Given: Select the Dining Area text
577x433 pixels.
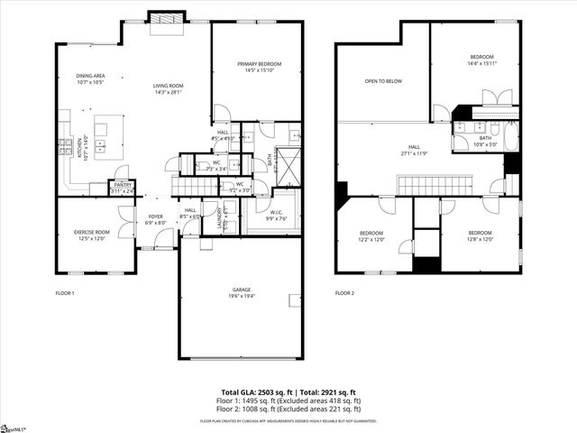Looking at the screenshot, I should point(90,78).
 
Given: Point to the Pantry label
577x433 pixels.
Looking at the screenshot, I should point(122,187).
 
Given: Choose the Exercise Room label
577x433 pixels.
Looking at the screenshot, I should point(91,235).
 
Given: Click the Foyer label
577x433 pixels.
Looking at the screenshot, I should point(156,218).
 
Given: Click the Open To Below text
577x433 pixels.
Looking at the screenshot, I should point(383,81).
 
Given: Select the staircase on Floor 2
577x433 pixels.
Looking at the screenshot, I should point(429,186).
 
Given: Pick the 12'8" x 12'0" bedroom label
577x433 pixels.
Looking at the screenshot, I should point(484,235).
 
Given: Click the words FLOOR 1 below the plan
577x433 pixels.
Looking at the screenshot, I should point(65,293).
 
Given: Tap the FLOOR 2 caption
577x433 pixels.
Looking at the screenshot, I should point(344,293).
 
